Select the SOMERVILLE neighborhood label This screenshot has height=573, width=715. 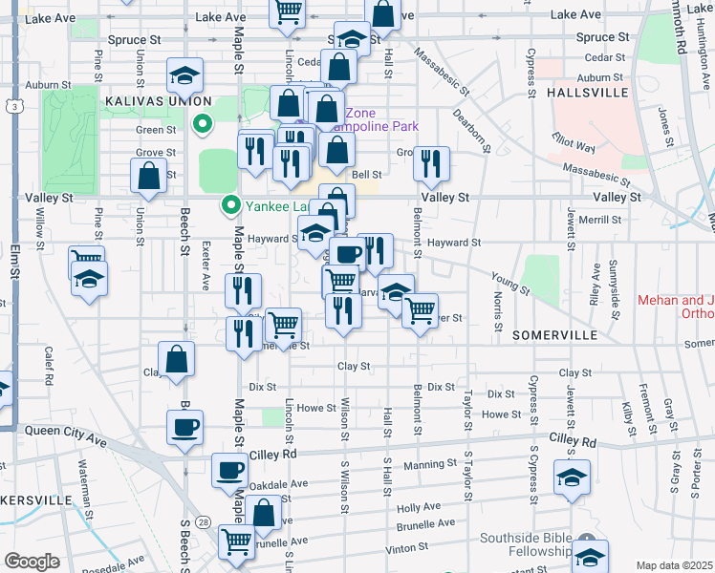point(554,336)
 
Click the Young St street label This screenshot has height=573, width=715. point(509,282)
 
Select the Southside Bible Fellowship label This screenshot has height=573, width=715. point(540,543)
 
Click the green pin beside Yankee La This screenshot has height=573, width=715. point(230,204)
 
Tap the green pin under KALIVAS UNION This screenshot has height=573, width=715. point(202,123)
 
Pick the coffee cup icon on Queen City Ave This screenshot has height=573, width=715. point(184,426)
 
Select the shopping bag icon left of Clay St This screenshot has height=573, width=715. point(177,359)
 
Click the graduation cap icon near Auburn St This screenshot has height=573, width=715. point(185,74)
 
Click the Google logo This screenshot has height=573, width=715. point(32,561)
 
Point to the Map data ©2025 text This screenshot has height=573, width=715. point(674,565)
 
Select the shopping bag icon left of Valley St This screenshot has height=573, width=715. point(149,175)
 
